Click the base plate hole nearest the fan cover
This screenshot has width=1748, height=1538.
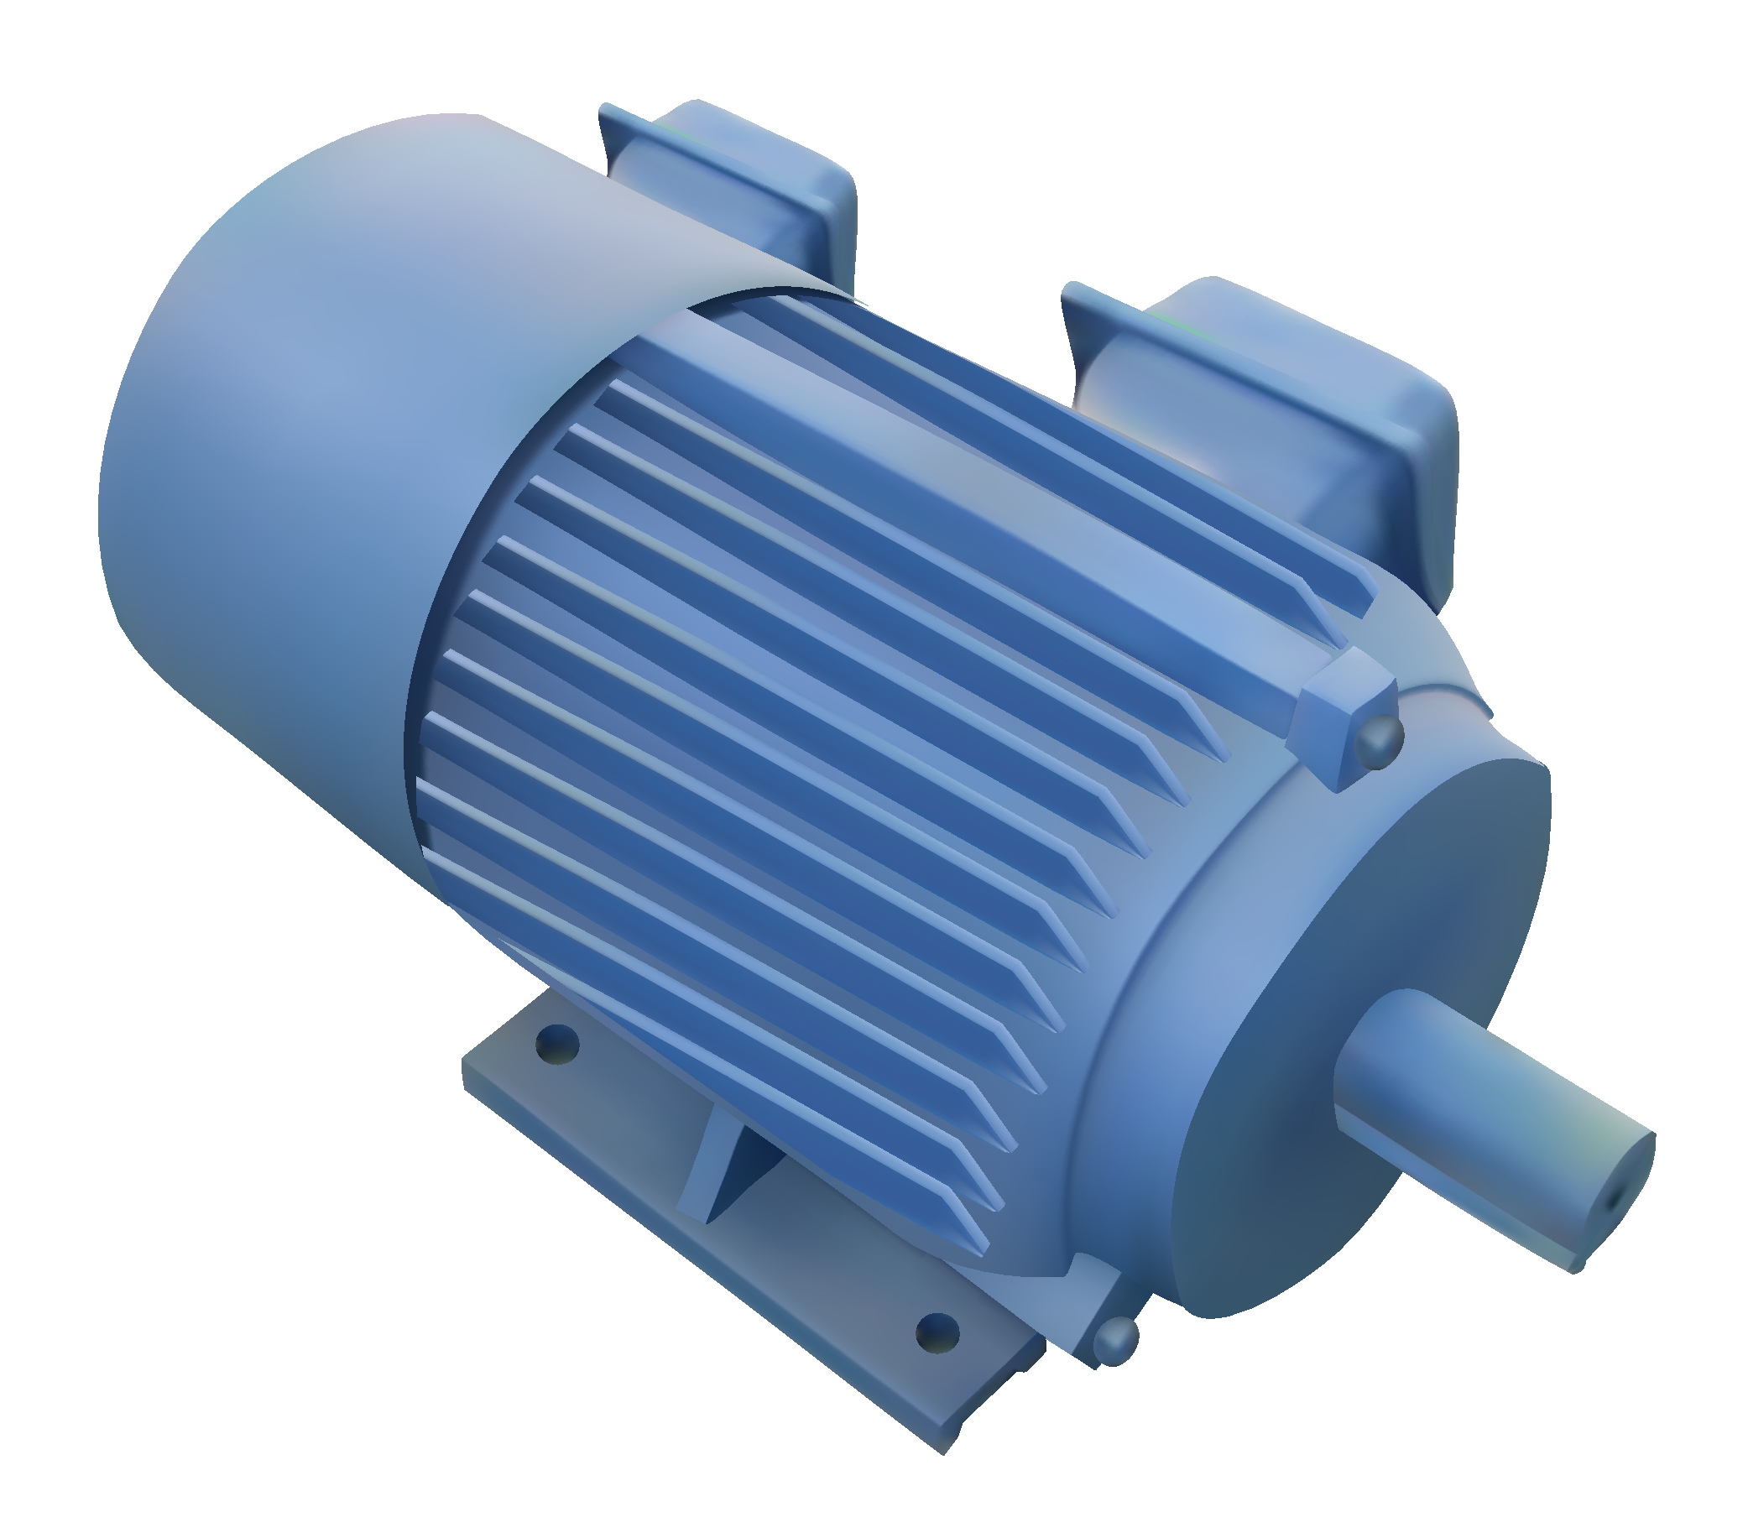tap(557, 1044)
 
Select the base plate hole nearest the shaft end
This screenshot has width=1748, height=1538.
tap(937, 1332)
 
